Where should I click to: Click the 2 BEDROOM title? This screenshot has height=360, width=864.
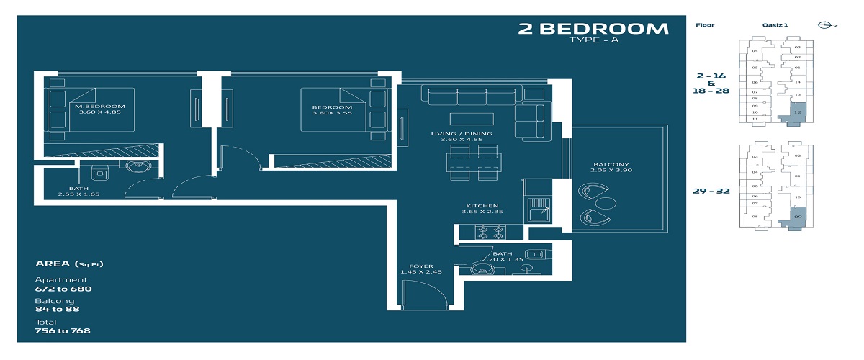coord(593,29)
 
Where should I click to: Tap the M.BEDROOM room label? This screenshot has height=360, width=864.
coord(95,106)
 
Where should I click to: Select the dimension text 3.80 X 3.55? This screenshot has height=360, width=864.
coord(332,113)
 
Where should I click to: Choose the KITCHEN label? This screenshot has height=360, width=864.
coord(482,206)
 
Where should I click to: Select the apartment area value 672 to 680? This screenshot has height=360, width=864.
coord(63,289)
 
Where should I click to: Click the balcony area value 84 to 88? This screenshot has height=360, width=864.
coord(58,309)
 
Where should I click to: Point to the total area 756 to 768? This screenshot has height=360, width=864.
coord(63,330)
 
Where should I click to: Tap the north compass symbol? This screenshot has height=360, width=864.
coord(825,25)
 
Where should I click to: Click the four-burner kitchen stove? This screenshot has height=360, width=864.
coord(490,233)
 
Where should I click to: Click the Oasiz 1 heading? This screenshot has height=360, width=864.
coord(775,25)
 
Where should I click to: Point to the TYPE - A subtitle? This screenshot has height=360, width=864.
coord(593,41)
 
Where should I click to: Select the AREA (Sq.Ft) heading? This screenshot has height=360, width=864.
coord(69,264)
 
